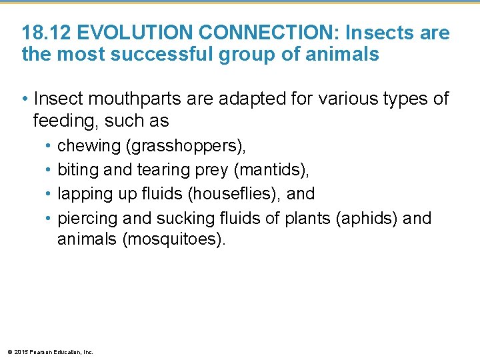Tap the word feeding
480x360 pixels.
coord(63,121)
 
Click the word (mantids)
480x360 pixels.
coord(271,170)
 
